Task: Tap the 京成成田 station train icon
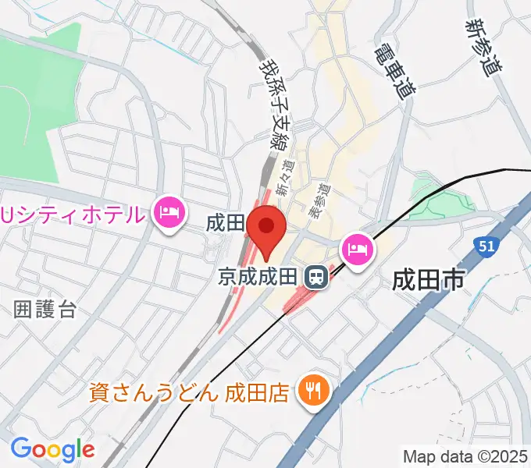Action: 316,275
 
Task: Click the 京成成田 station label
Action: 259,276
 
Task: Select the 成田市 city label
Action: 429,278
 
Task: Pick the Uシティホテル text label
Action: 74,212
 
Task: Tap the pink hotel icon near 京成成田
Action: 358,250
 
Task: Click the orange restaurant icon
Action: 313,390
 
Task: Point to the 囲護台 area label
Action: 45,309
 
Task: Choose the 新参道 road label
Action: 482,48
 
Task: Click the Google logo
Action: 52,448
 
